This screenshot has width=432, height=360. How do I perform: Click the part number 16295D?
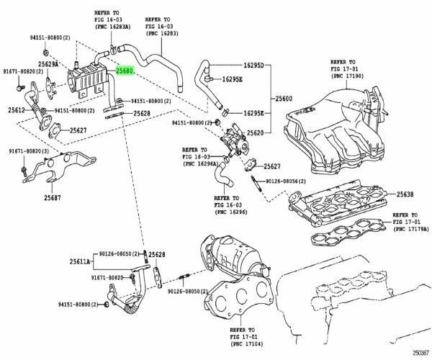coord(253,66)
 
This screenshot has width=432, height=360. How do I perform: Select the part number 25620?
coord(256,133)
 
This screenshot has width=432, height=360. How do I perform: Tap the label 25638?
coord(406,194)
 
